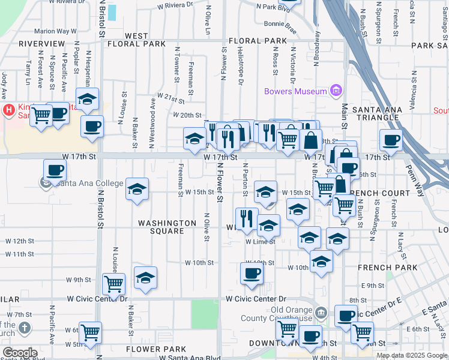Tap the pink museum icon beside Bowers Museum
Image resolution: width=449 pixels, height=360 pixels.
point(336,91)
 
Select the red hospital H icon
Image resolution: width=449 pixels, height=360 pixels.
point(9,109)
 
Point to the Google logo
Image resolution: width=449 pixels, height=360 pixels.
point(20,352)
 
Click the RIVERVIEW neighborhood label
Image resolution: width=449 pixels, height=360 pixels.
point(41,44)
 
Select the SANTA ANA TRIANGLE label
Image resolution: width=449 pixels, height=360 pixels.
point(376,113)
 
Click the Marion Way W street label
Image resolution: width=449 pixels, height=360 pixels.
point(55,31)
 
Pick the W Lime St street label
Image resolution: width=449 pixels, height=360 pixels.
point(260,242)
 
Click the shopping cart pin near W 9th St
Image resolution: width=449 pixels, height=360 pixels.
point(113,283)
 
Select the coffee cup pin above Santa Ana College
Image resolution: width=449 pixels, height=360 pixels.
point(55,170)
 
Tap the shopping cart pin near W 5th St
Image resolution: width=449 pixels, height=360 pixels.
point(90,331)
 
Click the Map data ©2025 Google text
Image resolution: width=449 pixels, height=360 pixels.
point(412,355)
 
